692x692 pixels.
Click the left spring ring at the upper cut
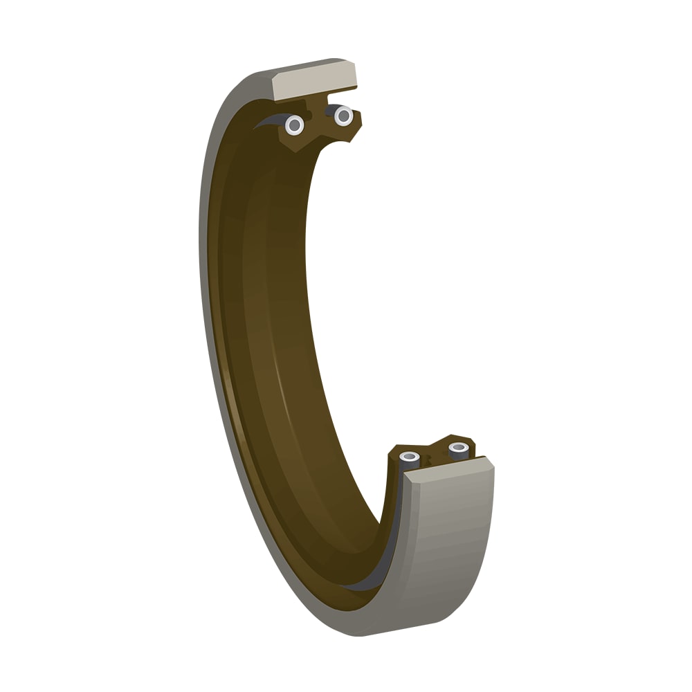click(x=295, y=125)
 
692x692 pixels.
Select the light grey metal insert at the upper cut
click(x=315, y=80)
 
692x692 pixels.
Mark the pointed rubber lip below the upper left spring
click(x=293, y=145)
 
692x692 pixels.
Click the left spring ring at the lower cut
click(x=410, y=457)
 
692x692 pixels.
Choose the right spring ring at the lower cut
click(x=459, y=448)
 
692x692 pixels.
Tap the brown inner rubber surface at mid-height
click(x=277, y=346)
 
